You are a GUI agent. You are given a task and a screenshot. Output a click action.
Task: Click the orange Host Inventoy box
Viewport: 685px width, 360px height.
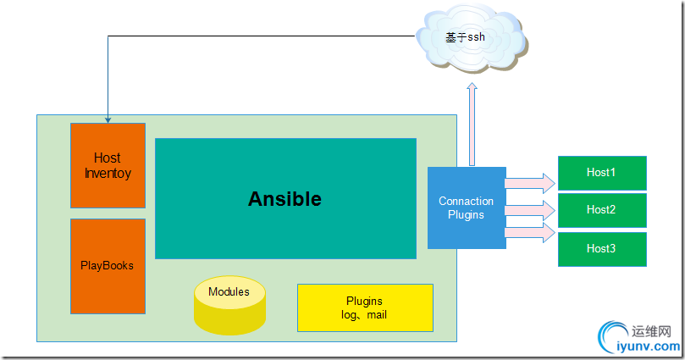pyautogui.click(x=108, y=165)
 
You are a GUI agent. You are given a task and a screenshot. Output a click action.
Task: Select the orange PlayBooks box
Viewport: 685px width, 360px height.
pyautogui.click(x=108, y=266)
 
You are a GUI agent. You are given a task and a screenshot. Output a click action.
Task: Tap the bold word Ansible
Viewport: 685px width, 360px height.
pyautogui.click(x=284, y=199)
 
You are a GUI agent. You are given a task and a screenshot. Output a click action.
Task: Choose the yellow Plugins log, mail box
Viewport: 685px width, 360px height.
pyautogui.click(x=365, y=307)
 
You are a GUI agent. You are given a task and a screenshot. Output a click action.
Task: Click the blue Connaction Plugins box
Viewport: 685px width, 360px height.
pyautogui.click(x=467, y=208)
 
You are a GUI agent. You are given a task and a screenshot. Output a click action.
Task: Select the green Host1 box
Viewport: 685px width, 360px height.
pyautogui.click(x=601, y=173)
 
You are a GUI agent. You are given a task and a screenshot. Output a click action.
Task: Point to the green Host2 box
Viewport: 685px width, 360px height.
pyautogui.click(x=601, y=210)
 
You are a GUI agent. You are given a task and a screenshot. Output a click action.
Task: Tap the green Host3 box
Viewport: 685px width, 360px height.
pyautogui.click(x=601, y=249)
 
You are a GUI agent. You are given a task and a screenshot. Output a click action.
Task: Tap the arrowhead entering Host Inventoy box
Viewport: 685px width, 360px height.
pyautogui.click(x=108, y=119)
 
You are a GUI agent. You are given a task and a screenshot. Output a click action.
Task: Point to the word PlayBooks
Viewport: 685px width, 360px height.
pyautogui.click(x=108, y=266)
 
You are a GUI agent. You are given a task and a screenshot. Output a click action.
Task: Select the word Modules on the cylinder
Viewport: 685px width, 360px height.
pyautogui.click(x=229, y=292)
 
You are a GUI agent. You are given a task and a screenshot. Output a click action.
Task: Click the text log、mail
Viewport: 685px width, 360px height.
pyautogui.click(x=365, y=315)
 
